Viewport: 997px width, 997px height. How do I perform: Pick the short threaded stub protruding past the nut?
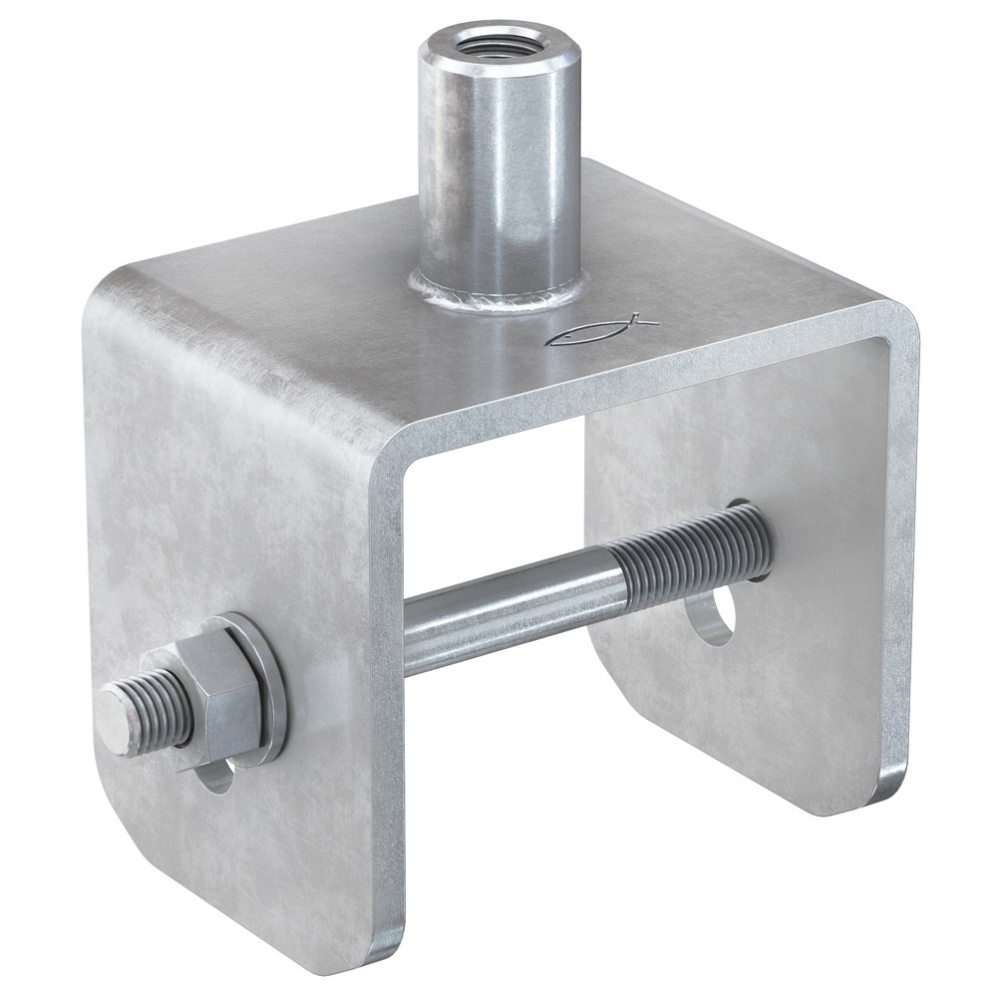pos(150,704)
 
